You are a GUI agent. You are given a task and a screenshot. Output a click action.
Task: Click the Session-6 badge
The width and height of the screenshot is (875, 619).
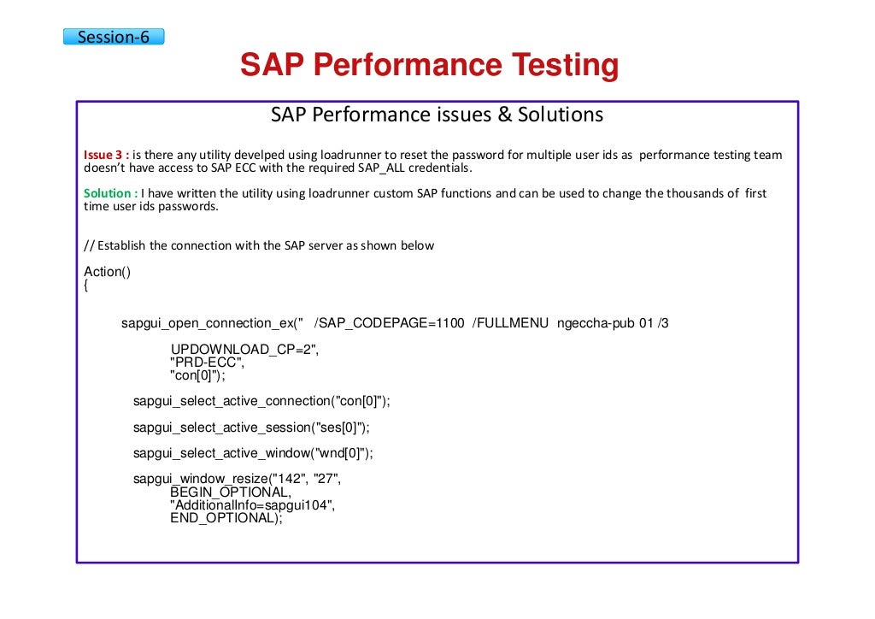[x=113, y=37]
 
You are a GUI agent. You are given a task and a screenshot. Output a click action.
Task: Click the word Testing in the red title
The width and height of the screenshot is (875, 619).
[x=564, y=66]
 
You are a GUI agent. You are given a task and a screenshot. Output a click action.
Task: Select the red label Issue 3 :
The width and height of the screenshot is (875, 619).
[x=106, y=155]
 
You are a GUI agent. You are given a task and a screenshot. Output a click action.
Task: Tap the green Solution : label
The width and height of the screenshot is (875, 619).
[x=110, y=193]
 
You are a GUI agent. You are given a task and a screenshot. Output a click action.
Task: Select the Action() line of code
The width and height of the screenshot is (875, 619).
[x=107, y=272]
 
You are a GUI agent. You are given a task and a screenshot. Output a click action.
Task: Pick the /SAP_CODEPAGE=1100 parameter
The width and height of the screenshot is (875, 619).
[x=389, y=323]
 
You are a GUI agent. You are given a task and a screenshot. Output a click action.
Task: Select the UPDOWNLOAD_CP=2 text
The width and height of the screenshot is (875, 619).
[x=243, y=350]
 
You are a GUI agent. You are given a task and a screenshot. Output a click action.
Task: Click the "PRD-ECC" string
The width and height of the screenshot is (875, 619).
[x=206, y=363]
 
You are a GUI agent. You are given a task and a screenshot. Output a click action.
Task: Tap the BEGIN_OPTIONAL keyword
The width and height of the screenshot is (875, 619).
[x=229, y=492]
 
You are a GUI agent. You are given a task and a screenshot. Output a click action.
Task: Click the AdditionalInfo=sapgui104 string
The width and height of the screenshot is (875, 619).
[x=251, y=505]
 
